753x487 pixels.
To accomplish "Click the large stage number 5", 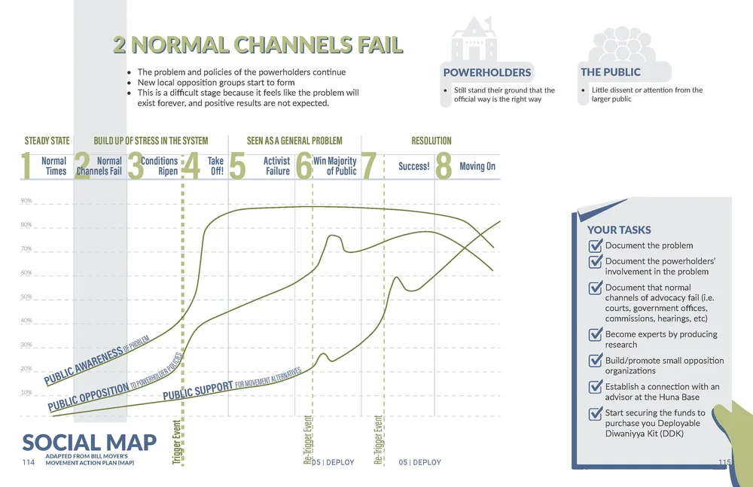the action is (237, 167).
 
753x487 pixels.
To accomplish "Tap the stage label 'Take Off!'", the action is (215, 166).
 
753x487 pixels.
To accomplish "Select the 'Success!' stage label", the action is (413, 166).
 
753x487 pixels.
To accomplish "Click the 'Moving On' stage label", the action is (477, 166).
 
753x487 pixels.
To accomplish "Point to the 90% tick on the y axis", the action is (26, 201).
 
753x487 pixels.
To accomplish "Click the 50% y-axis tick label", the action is (26, 297).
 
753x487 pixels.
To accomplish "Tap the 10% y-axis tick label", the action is (26, 393).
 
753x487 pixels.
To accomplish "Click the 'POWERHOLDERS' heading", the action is (486, 73).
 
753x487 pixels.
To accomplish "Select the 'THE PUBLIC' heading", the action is (610, 72).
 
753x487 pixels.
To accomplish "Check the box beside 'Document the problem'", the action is (595, 245).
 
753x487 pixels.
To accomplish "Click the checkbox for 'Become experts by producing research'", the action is (595, 335).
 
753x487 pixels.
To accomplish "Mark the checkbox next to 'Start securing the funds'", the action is (595, 413).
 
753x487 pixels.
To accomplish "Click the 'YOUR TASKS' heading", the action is (619, 230).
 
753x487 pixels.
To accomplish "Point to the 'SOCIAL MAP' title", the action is (89, 443).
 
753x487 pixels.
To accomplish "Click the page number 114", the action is (30, 462).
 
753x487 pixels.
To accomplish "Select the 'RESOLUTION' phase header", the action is (431, 141).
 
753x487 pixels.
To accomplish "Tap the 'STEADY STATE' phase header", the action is (47, 141).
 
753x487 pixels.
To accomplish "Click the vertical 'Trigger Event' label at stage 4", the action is (177, 442).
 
